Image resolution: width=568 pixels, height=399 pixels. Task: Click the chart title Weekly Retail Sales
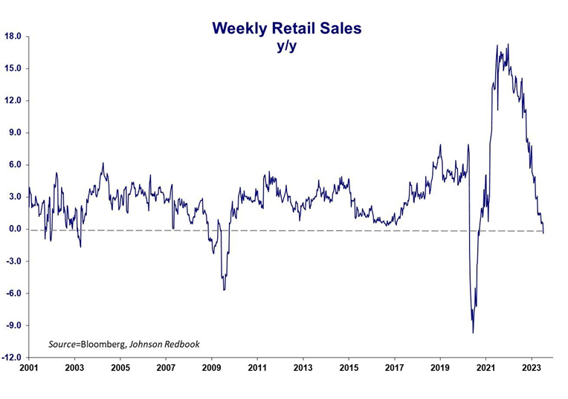[x=286, y=28]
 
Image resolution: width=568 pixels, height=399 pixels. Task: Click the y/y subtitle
[x=286, y=45]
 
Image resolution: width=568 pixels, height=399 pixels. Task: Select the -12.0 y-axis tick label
[x=11, y=357]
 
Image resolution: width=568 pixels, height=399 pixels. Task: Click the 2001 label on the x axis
[x=29, y=368]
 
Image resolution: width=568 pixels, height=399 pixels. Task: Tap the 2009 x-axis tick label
[x=212, y=368]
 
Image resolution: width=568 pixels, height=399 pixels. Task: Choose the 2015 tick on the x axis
[x=349, y=368]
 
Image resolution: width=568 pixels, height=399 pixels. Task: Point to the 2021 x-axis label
[x=486, y=368]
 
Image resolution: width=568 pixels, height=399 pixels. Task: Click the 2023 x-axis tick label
[x=532, y=368]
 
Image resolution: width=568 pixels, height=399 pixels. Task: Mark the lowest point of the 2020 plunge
[x=473, y=332]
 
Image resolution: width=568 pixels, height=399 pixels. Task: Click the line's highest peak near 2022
[x=508, y=45]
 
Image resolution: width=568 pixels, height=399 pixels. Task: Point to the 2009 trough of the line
[x=224, y=289]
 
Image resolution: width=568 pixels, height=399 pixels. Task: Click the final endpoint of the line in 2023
[x=543, y=233]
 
